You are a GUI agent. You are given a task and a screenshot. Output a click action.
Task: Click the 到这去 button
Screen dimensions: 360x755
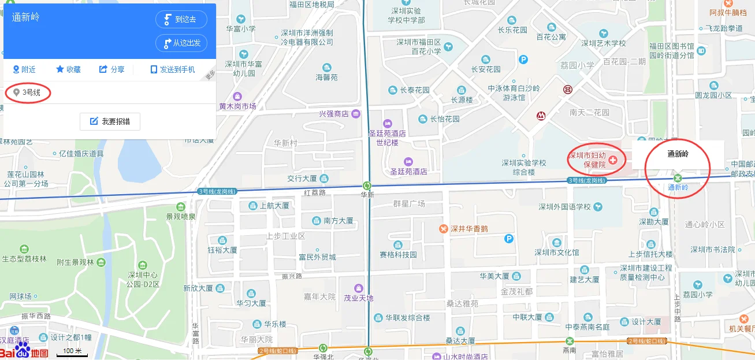point(181,19)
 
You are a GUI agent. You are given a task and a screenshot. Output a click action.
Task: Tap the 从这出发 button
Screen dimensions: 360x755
point(181,43)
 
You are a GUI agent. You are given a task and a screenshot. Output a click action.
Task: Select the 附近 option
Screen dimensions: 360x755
point(24,69)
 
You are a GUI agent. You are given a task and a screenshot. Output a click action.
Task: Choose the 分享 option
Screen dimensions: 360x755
point(112,69)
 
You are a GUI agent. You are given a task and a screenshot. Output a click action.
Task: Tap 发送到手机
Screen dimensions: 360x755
point(173,69)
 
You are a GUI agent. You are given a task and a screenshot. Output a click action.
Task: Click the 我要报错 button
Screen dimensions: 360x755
point(110,121)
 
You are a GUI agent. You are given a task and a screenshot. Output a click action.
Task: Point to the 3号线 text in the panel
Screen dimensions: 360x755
point(31,92)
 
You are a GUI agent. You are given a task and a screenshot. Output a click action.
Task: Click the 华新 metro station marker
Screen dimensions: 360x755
point(366,185)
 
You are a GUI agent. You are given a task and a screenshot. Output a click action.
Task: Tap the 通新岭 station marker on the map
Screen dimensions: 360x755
point(678,177)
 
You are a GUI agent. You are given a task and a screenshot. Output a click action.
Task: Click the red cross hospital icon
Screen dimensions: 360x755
point(613,159)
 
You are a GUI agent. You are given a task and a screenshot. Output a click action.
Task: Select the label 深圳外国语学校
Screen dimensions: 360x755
point(565,206)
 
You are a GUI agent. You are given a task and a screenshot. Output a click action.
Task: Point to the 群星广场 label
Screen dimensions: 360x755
point(409,203)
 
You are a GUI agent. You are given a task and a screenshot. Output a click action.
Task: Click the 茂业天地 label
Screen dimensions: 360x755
point(359,298)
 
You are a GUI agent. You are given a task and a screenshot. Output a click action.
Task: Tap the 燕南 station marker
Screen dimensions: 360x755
point(570,341)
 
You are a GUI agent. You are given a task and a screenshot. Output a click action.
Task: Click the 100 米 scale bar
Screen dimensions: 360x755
point(72,351)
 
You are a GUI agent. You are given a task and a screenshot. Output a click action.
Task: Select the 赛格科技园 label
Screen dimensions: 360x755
point(398,255)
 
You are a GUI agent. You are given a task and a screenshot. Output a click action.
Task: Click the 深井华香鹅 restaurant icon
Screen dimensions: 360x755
point(443,228)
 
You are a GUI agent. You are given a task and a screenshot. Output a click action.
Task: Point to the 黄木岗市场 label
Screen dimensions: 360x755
point(237,106)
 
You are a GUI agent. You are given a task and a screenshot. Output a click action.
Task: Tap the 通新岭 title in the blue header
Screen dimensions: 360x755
point(26,17)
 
